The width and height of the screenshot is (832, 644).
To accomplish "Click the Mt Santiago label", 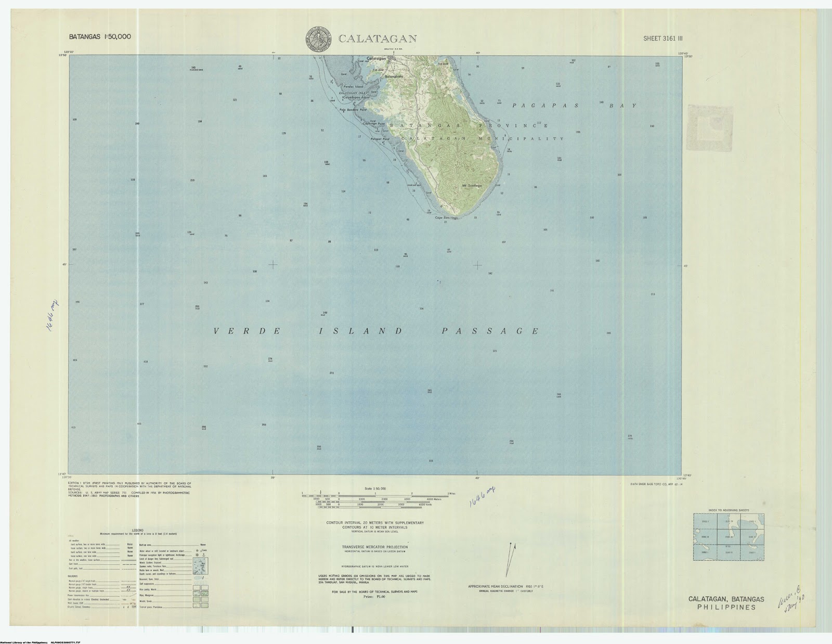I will pyautogui.click(x=472, y=185).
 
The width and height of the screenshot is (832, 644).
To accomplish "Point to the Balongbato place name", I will pyautogui.click(x=394, y=76).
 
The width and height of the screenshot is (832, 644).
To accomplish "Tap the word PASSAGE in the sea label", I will pyautogui.click(x=490, y=331).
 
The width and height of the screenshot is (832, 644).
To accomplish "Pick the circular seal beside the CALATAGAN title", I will pyautogui.click(x=319, y=39).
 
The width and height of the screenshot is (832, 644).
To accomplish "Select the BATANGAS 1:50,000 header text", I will pyautogui.click(x=100, y=37).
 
